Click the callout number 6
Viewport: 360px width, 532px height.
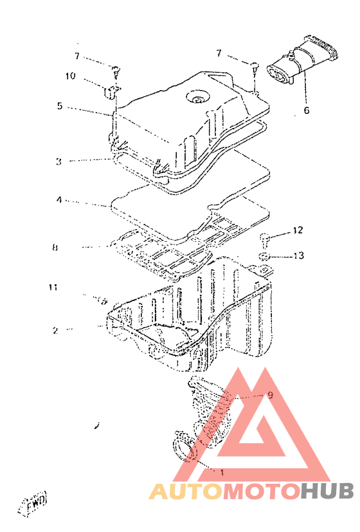coord(307,110)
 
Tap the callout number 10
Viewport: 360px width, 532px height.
coord(71,75)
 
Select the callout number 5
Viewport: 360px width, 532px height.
coord(60,106)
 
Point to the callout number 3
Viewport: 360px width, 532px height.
coord(59,161)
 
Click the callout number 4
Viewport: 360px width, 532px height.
coord(59,200)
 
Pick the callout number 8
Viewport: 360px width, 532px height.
coord(55,247)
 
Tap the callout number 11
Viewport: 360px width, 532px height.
coord(53,288)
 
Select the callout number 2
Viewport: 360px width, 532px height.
coord(55,330)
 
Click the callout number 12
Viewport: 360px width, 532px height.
coord(298,230)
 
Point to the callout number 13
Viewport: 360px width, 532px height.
coord(299,255)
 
